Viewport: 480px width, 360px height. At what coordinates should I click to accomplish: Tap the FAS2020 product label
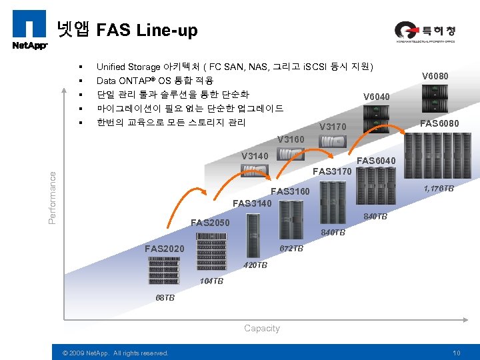click(165, 249)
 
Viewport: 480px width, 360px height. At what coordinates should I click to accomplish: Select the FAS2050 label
click(210, 223)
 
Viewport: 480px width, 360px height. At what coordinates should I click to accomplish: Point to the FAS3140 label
click(252, 203)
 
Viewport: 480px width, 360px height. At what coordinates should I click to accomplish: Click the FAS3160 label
click(290, 192)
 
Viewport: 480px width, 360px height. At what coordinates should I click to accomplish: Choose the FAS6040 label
click(377, 161)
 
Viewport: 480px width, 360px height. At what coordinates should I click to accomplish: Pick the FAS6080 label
click(439, 123)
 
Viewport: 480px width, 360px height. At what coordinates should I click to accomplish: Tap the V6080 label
click(435, 76)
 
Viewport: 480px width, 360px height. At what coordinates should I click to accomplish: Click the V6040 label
click(376, 97)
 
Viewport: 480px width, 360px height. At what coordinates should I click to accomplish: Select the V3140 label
click(255, 156)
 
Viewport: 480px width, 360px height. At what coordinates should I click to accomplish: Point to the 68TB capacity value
click(165, 298)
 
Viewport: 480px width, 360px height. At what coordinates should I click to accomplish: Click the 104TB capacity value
click(212, 281)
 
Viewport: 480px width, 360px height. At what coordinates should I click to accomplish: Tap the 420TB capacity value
click(255, 265)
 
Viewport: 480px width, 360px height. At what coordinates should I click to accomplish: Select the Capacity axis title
click(262, 328)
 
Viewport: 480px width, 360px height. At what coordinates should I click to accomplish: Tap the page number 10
click(457, 353)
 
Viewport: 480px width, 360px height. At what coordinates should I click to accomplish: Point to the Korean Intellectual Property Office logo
click(418, 31)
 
